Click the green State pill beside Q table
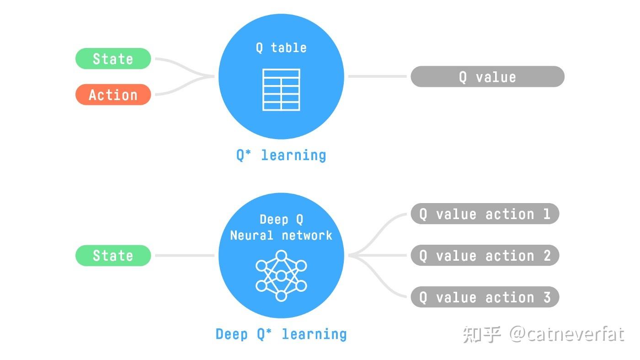[113, 59]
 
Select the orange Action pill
[113, 95]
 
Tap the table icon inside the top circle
[281, 90]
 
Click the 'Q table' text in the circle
[281, 48]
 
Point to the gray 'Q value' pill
[487, 77]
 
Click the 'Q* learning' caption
[281, 155]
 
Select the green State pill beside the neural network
[113, 255]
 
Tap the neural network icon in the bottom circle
[281, 275]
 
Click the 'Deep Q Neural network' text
[281, 227]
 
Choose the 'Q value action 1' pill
[485, 214]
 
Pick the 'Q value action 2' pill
[485, 255]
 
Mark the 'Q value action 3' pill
[485, 297]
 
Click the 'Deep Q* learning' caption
[281, 334]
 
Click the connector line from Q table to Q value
[377, 76]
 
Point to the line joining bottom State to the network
[184, 255]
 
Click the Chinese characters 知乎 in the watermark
[481, 334]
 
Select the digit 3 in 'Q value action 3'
[547, 297]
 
